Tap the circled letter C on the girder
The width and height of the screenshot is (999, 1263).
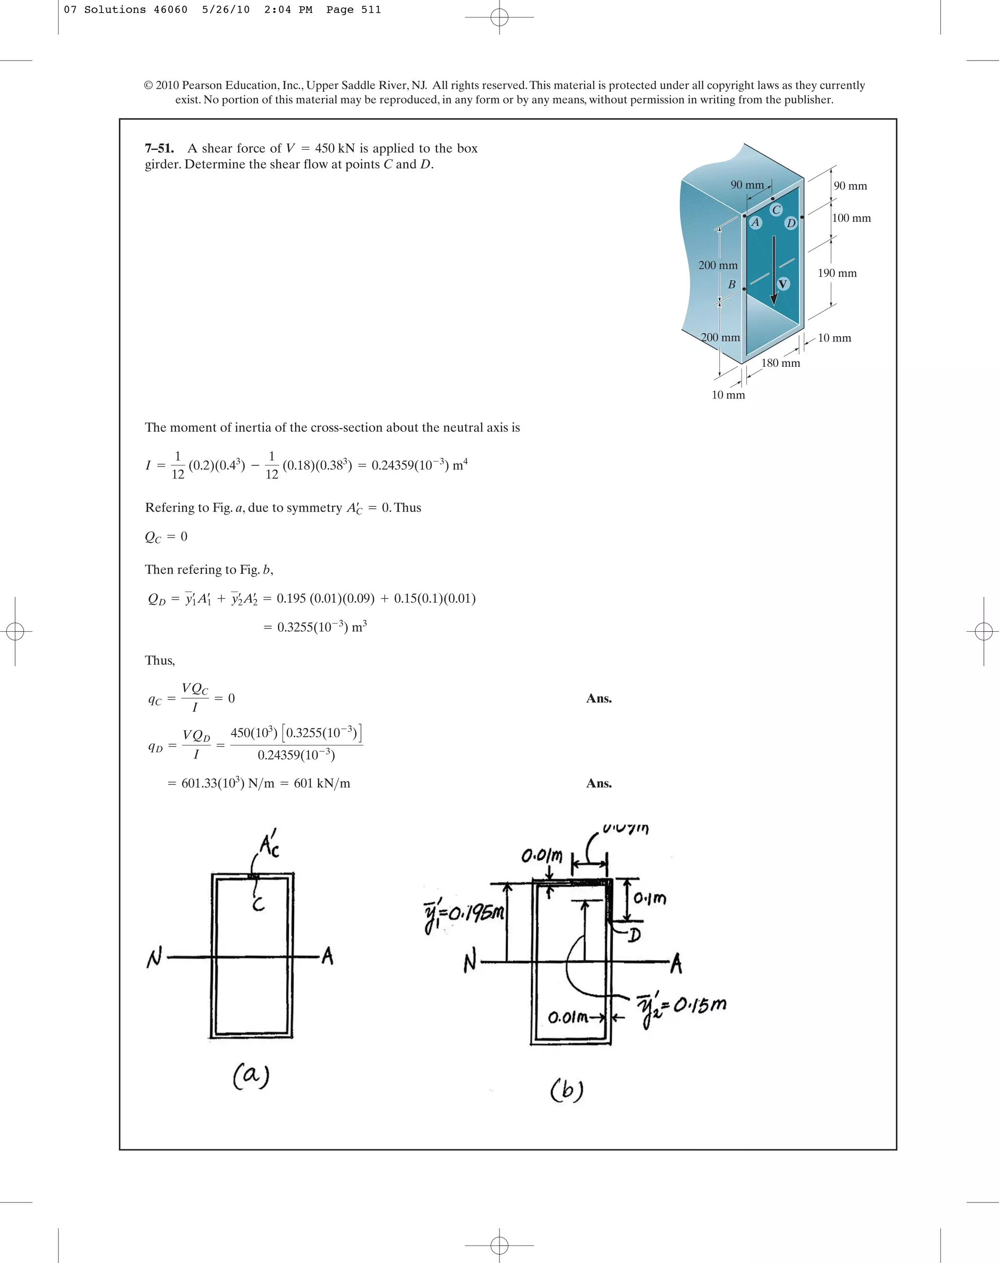pos(776,209)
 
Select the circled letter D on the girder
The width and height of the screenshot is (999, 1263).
pos(791,223)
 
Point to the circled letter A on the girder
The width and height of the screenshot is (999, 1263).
pos(756,222)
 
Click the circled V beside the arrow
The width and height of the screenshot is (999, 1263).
pos(782,284)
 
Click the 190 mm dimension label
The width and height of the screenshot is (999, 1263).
pos(837,273)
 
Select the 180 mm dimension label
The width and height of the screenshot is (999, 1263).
pos(780,362)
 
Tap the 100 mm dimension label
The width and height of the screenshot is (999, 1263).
pos(851,218)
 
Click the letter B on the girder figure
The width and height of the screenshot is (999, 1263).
pos(731,285)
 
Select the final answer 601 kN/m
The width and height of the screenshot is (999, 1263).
pos(321,783)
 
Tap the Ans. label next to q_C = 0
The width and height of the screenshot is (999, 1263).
pos(599,699)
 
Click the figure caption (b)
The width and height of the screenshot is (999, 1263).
pos(566,1089)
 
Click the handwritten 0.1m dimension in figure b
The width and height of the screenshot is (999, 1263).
pos(650,898)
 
